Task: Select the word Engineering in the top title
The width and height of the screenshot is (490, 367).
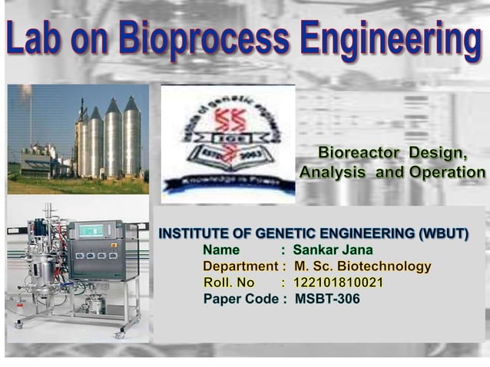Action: click(390, 40)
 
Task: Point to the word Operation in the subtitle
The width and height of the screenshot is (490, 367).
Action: click(447, 173)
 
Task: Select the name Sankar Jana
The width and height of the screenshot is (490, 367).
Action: click(333, 250)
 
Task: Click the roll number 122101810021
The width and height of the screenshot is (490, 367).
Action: click(338, 283)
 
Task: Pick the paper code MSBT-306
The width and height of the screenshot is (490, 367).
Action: click(327, 299)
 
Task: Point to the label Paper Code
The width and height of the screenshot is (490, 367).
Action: click(238, 299)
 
